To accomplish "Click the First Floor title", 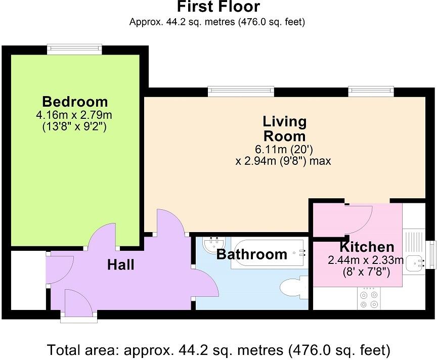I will (x=218, y=7).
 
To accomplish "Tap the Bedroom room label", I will (x=75, y=101).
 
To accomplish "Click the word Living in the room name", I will (x=284, y=122).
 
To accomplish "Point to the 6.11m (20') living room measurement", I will (x=284, y=150).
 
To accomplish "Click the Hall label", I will (x=120, y=264).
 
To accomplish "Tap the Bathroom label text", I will (x=251, y=254).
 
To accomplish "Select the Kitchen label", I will (x=366, y=247).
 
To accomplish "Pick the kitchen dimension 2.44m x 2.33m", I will (x=366, y=261).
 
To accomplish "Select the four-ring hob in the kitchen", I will (x=368, y=299).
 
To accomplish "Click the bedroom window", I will (x=75, y=49).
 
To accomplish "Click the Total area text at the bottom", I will (x=218, y=349).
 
